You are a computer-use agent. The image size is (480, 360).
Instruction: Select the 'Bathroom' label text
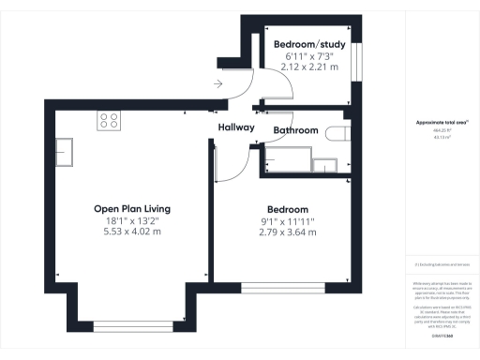click(x=295, y=130)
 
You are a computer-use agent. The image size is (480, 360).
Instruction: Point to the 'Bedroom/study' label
click(x=308, y=45)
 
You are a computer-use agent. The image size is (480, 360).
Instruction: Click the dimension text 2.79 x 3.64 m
click(x=288, y=233)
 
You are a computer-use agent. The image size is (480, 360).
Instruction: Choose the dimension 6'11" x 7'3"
click(x=308, y=57)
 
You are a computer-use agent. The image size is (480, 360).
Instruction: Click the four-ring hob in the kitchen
click(x=109, y=120)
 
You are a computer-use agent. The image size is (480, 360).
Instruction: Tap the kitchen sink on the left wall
click(x=65, y=150)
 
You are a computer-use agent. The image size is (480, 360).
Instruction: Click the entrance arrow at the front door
click(x=217, y=84)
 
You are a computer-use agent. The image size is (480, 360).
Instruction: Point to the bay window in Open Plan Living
click(x=131, y=325)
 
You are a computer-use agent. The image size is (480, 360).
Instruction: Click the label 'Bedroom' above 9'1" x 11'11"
click(x=288, y=208)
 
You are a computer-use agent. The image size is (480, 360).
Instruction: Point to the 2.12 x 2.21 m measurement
click(x=308, y=68)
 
